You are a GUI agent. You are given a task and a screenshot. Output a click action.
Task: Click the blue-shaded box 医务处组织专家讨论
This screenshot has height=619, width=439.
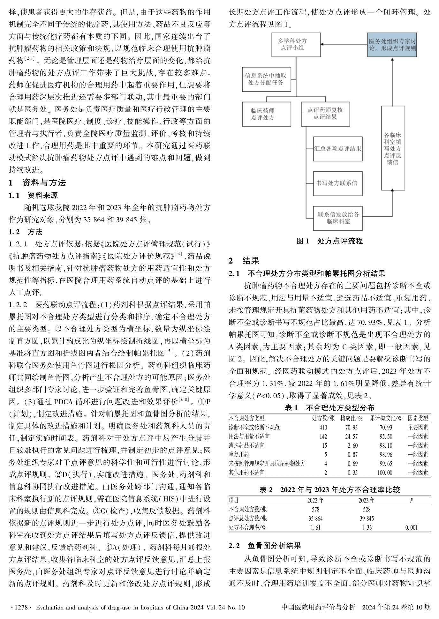click(x=392, y=45)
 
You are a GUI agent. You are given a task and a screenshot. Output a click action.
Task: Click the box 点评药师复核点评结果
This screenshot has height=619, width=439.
click(x=325, y=114)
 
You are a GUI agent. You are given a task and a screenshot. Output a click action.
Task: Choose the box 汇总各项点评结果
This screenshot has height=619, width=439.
click(x=337, y=149)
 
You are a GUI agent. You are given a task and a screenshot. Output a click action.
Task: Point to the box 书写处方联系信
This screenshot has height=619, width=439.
click(x=337, y=183)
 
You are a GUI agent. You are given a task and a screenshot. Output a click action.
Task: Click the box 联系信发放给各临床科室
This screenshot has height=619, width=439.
click(x=338, y=218)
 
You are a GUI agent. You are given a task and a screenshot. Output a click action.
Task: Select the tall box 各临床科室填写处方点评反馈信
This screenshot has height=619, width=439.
click(x=393, y=148)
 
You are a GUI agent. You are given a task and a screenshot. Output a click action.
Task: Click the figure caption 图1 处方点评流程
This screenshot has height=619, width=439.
click(x=329, y=241)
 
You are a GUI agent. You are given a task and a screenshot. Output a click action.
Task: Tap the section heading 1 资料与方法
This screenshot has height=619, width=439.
click(x=37, y=183)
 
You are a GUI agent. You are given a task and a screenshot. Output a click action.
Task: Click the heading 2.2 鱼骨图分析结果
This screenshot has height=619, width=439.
click(x=265, y=546)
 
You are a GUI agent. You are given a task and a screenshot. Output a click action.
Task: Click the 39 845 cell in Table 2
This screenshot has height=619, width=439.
click(x=366, y=518)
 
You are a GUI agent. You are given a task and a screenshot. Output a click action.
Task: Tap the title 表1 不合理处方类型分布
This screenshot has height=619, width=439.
click(x=329, y=408)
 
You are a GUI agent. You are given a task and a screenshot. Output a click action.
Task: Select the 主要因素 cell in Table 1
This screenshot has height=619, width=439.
click(x=418, y=428)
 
